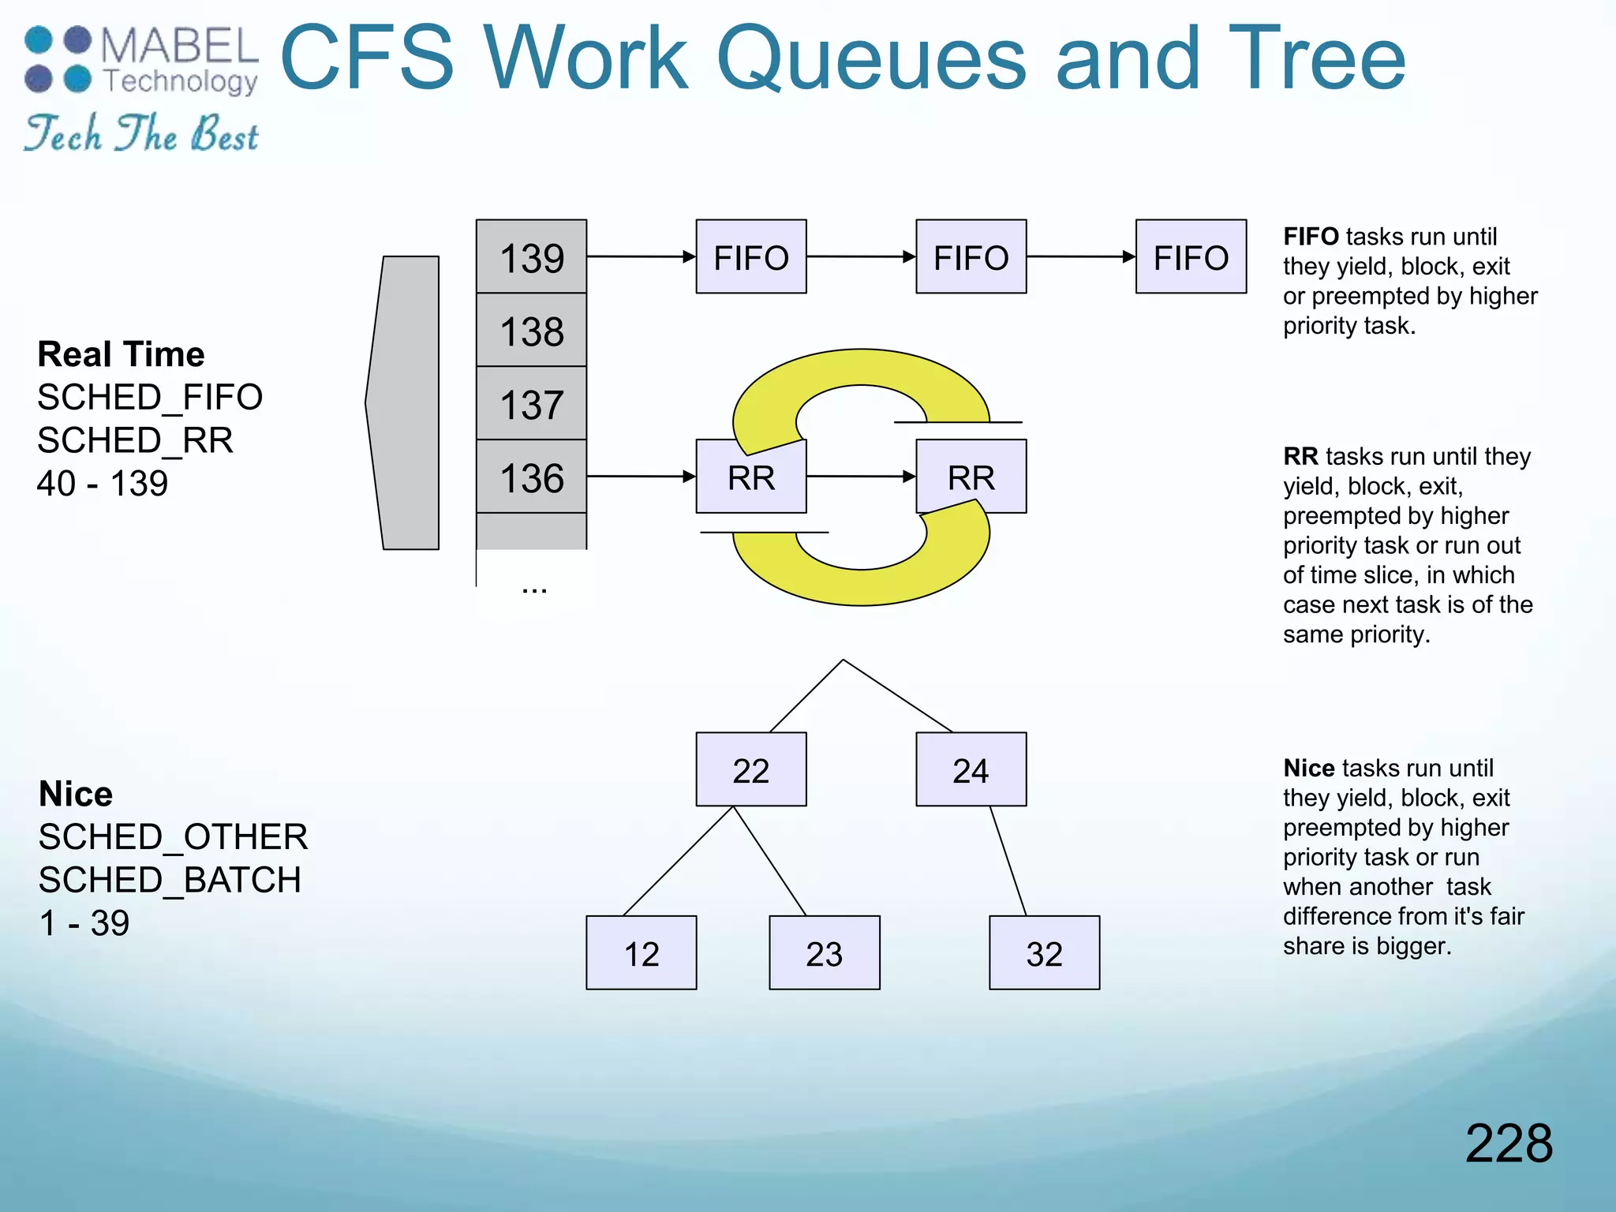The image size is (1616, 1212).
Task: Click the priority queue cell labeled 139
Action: click(531, 257)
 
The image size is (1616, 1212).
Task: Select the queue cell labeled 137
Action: click(531, 404)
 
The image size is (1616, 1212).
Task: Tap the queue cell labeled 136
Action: click(531, 477)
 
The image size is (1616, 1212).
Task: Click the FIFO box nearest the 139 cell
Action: click(750, 257)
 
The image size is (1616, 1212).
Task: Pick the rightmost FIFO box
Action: click(1190, 257)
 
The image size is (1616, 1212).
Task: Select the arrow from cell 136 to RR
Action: click(640, 477)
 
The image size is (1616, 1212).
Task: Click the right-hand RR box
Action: click(971, 477)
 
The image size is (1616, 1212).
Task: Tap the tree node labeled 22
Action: click(750, 770)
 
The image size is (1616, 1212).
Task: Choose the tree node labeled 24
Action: click(971, 770)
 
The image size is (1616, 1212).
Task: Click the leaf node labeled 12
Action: click(641, 953)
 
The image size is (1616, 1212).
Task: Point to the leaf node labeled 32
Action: click(1044, 953)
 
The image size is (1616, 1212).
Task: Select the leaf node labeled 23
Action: click(824, 953)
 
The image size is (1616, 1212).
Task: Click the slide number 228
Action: click(1508, 1143)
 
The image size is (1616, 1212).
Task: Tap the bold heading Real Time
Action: click(121, 354)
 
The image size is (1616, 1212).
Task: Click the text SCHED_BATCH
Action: click(170, 880)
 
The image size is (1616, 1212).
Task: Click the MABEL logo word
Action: click(179, 46)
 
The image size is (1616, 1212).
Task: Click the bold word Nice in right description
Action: click(1308, 768)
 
